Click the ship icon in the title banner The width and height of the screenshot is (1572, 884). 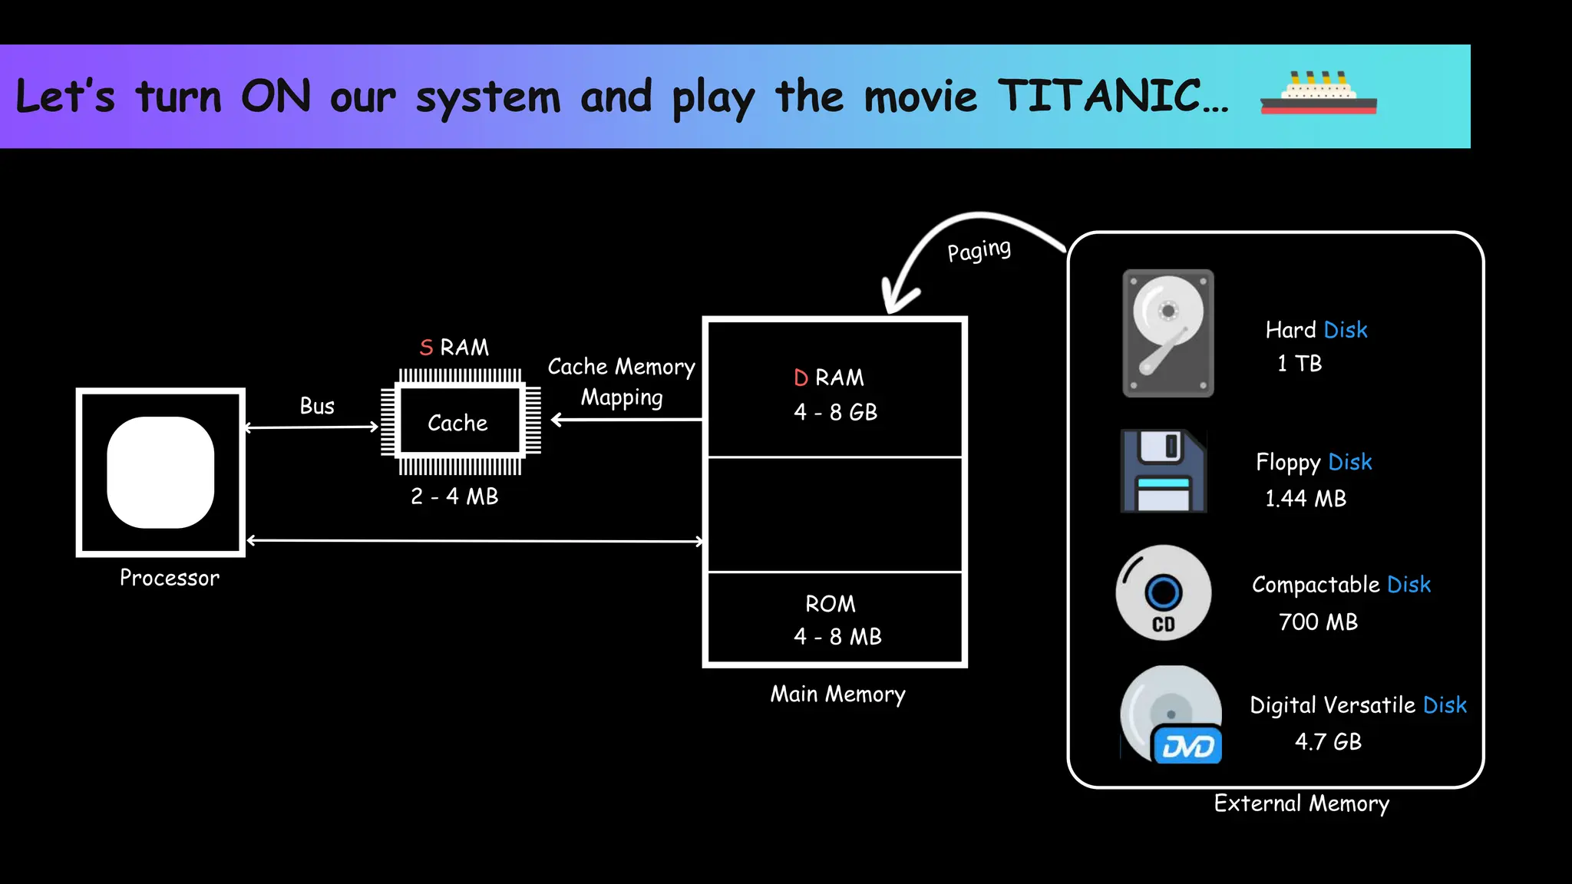(1318, 94)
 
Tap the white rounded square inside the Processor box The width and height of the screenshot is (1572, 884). (160, 472)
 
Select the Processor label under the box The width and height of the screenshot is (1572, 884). (170, 578)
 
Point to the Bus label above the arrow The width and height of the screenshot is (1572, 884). (317, 406)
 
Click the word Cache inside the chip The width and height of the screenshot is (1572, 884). (457, 423)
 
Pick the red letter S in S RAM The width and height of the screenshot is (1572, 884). (427, 348)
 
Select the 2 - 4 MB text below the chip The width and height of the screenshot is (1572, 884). (454, 496)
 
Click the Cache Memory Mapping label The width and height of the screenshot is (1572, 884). (622, 381)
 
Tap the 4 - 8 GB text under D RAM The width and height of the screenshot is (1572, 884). (835, 412)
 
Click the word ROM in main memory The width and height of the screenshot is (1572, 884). (831, 604)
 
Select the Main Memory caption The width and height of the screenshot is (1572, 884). (837, 694)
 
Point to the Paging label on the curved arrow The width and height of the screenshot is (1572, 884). (979, 251)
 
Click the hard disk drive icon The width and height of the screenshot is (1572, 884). (1167, 333)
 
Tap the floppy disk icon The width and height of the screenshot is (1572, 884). (1164, 470)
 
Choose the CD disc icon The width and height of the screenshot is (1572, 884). (1164, 593)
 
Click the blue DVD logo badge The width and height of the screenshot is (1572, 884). (1187, 745)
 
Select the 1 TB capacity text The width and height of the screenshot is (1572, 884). (1300, 364)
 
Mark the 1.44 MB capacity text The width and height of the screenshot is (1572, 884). (1306, 499)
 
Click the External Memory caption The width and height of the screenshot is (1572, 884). (1301, 803)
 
